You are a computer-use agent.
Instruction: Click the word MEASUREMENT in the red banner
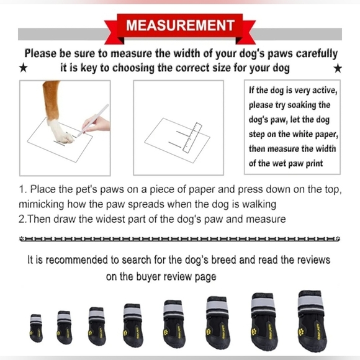[180, 26]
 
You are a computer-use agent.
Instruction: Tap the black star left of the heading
[23, 67]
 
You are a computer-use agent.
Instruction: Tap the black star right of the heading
[337, 67]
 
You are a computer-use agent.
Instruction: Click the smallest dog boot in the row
[36, 327]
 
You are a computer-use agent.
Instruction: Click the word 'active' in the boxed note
[324, 91]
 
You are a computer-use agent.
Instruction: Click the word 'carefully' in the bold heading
[313, 53]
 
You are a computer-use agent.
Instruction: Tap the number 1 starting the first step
[22, 189]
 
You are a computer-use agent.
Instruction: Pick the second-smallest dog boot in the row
[64, 325]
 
